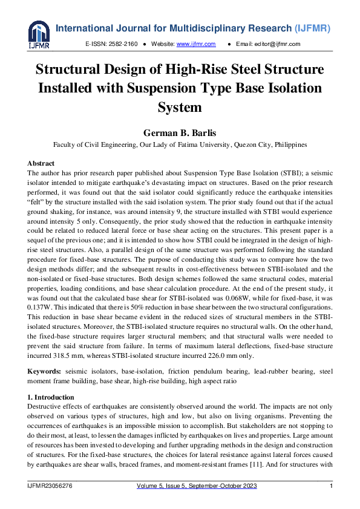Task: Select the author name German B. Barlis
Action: [x=179, y=133]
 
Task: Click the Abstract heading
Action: [x=41, y=163]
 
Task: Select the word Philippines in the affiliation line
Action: [x=290, y=145]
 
